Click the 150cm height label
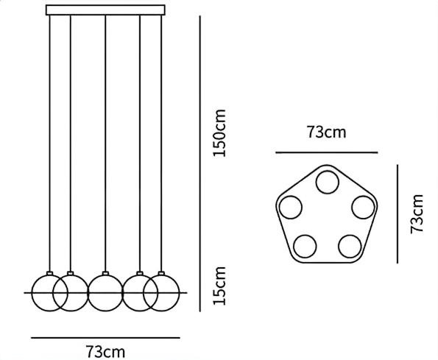pos(219,133)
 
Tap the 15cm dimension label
pos(219,286)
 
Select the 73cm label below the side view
pos(105,352)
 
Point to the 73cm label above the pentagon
pos(327,132)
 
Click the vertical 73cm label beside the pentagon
pos(417,214)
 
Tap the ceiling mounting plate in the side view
pos(105,10)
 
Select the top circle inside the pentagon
pos(328,183)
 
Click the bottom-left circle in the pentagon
pos(305,247)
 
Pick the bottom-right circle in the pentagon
pos(350,247)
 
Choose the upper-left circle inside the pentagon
pos(291,208)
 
